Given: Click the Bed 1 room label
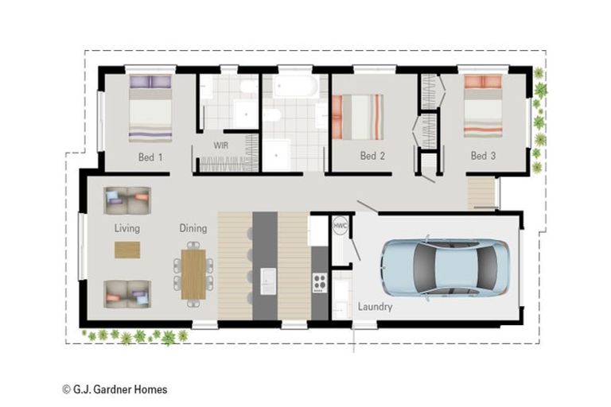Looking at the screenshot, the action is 150,157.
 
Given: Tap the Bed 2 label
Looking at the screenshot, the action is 372,156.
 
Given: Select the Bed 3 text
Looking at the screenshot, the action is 483,156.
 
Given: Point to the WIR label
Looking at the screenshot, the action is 221,145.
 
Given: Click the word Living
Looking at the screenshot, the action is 127,228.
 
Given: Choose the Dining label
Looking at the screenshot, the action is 193,228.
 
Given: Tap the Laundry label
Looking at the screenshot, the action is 375,307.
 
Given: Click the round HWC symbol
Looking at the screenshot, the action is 341,226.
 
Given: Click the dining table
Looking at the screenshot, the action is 193,274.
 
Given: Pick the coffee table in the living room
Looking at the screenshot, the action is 127,250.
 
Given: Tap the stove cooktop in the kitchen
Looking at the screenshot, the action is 320,283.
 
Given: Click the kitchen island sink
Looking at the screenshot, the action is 268,281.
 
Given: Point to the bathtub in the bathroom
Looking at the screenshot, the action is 295,86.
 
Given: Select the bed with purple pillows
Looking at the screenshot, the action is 150,109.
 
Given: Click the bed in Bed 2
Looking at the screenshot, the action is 357,117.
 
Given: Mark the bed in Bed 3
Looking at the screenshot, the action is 483,106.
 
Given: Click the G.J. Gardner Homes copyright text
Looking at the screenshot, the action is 115,389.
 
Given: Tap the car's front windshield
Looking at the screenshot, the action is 422,269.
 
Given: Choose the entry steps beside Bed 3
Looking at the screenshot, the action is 481,193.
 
